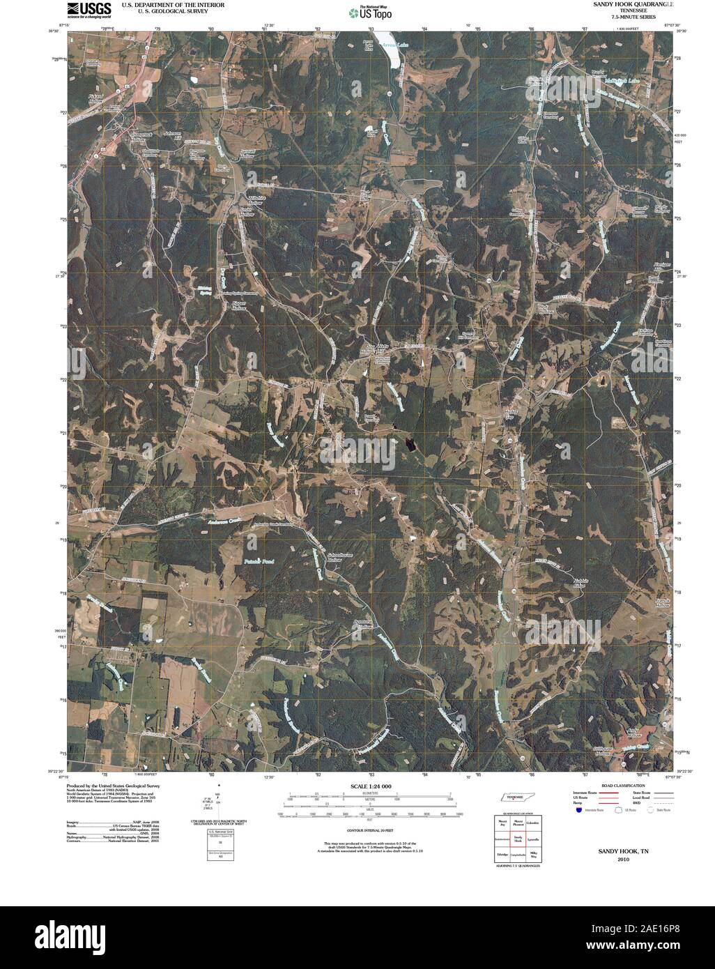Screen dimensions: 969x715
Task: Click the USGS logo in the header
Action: tap(89, 8)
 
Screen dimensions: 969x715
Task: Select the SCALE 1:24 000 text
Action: tap(367, 786)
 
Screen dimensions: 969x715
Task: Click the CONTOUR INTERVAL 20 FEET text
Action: tap(367, 831)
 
